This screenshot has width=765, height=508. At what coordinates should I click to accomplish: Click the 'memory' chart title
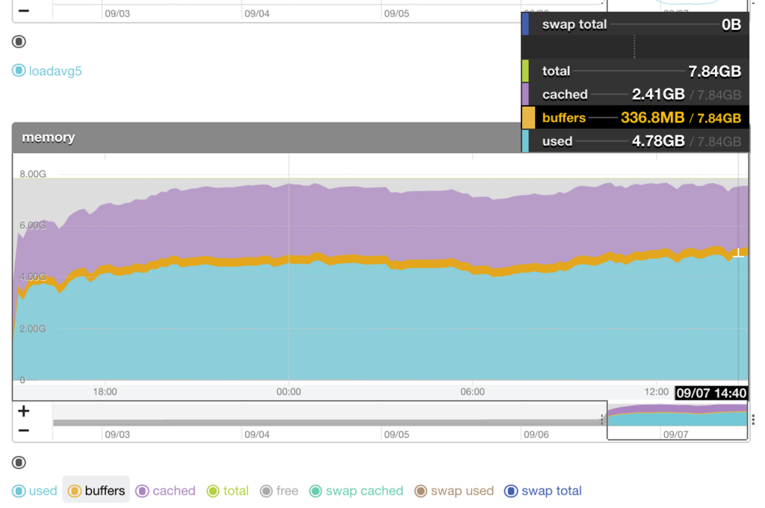click(x=49, y=137)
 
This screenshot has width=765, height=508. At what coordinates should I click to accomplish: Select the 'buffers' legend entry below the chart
click(x=96, y=491)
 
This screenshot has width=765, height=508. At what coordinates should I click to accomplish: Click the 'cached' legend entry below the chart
click(x=165, y=491)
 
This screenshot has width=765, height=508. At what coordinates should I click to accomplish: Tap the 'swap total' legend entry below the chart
click(x=543, y=491)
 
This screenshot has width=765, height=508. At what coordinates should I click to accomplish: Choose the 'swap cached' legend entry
click(x=356, y=491)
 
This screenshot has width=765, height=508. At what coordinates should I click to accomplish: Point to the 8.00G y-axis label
click(x=33, y=174)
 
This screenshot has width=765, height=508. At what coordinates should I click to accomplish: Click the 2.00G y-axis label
click(x=33, y=329)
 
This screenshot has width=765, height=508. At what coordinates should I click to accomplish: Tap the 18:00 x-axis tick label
click(x=105, y=391)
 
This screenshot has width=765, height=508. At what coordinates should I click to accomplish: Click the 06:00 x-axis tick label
click(x=472, y=391)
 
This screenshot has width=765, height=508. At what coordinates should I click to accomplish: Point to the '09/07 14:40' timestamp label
click(x=711, y=393)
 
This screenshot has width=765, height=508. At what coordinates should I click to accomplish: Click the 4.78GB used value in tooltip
click(x=658, y=141)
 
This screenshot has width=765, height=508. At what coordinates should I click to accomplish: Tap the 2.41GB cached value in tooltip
click(x=658, y=95)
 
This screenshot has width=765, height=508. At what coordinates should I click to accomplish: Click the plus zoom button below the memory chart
click(x=24, y=411)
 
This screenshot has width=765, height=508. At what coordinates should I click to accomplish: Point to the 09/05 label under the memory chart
click(x=396, y=434)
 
